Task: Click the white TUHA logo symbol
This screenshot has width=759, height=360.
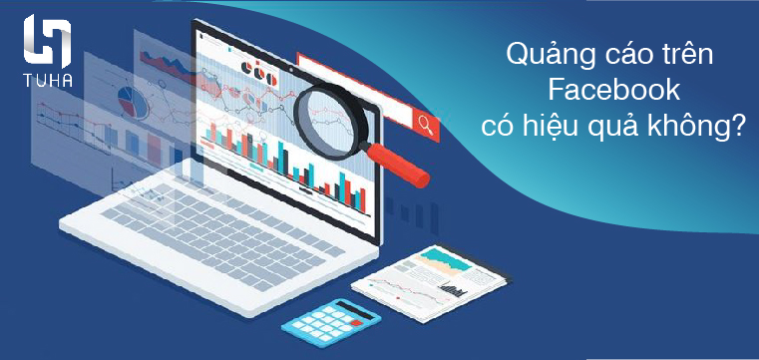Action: [46, 41]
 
